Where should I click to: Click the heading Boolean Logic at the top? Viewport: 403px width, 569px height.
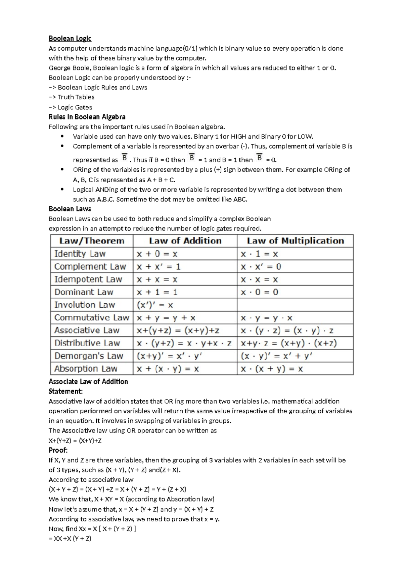point(70,38)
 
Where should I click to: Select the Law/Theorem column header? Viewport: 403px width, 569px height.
point(92,241)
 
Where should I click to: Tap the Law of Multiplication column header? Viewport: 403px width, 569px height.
point(295,241)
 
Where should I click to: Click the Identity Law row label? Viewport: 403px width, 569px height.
point(80,254)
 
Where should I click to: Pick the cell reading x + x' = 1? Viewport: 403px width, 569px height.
point(159,267)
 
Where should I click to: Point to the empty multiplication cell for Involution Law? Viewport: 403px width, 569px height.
point(295,305)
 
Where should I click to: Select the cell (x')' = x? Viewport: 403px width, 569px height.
point(155,305)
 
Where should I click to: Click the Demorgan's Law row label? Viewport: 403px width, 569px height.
point(89,356)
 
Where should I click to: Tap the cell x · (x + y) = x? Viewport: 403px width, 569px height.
point(272,369)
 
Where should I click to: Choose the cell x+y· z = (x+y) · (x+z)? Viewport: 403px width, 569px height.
point(288,343)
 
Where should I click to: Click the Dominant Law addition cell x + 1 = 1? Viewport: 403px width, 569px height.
point(157,292)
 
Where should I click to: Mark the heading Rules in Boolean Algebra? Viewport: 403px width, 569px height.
point(87,117)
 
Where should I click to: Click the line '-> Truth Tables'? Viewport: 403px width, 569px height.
point(72,97)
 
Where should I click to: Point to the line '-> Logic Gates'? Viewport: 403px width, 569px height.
point(70,107)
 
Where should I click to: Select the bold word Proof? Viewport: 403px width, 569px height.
point(58,450)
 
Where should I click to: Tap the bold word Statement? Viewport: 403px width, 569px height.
point(65,391)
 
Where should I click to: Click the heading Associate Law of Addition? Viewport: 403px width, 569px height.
point(88,381)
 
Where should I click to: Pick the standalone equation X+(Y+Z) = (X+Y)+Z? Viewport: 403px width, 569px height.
point(75,441)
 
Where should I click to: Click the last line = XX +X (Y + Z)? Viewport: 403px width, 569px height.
point(70,539)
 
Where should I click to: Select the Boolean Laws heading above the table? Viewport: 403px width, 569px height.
point(70,209)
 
